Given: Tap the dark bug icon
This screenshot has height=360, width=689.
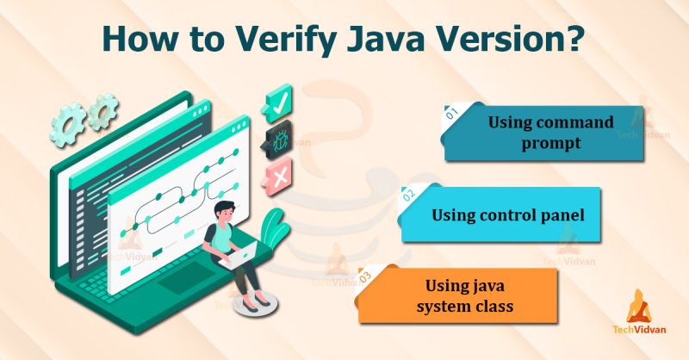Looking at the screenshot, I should pyautogui.click(x=278, y=140).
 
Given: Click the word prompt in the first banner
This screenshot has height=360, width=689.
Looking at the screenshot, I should pyautogui.click(x=552, y=142).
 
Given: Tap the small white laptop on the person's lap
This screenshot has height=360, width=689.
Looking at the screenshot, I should pyautogui.click(x=240, y=251).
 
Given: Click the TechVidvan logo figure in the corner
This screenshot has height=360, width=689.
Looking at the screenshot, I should pyautogui.click(x=641, y=307).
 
